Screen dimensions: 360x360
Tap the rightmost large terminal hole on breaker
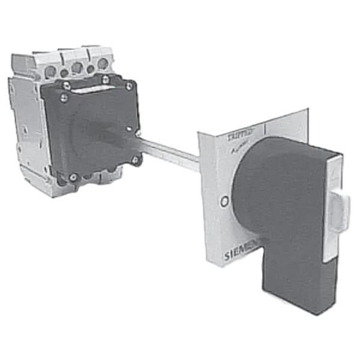tap(103, 63)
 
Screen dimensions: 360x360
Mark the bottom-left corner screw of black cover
tap(73, 177)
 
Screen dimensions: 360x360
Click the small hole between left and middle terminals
tap(64, 73)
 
